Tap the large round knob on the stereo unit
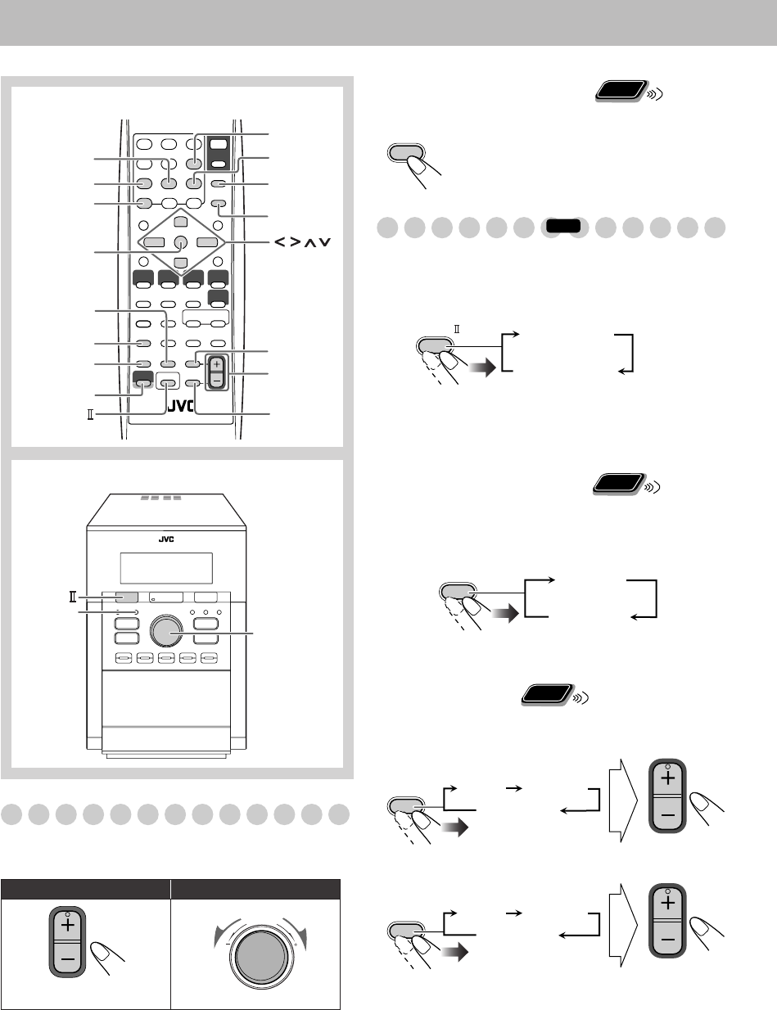tap(168, 629)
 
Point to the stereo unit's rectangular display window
tap(166, 566)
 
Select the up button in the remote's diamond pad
tap(180, 223)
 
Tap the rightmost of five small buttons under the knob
tap(210, 657)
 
